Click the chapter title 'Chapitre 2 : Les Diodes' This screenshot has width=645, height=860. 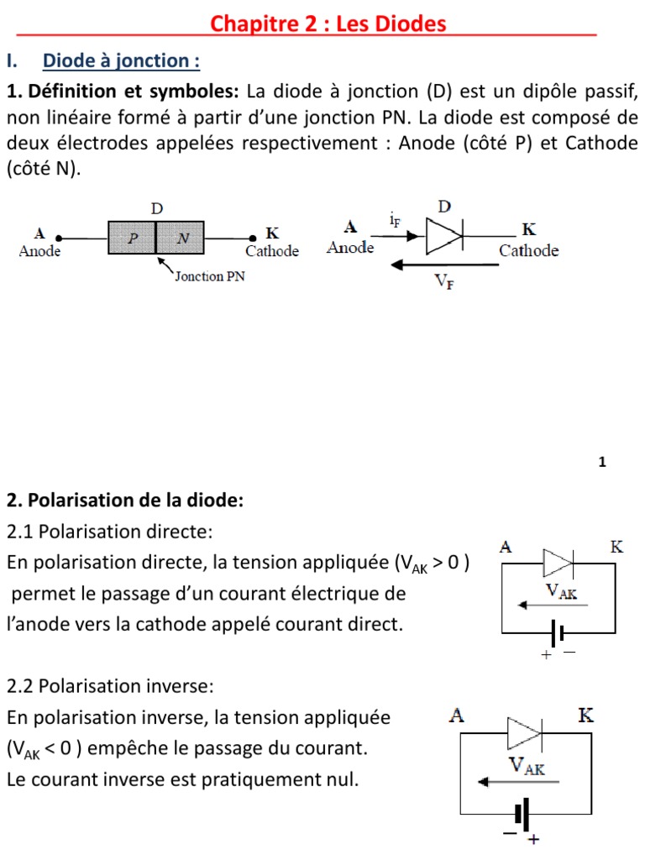[328, 24]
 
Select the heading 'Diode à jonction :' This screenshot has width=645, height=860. [122, 60]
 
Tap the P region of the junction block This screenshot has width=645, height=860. [133, 238]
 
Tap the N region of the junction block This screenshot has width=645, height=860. [184, 238]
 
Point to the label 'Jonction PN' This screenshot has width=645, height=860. [209, 275]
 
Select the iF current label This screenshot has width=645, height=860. [395, 221]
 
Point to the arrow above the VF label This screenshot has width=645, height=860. [438, 265]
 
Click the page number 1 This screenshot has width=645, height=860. [602, 462]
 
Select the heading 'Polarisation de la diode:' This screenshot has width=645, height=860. [124, 501]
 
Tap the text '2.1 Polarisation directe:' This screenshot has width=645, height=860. [110, 532]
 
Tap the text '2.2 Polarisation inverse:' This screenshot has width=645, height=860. [110, 687]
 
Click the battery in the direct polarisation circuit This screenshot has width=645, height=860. [555, 632]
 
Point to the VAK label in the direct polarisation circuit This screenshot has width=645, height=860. [561, 590]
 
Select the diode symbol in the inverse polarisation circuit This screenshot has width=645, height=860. [527, 733]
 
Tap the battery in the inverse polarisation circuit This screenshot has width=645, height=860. [522, 814]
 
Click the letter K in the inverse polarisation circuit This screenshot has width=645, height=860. [587, 716]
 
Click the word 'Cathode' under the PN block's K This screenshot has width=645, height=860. [272, 251]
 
